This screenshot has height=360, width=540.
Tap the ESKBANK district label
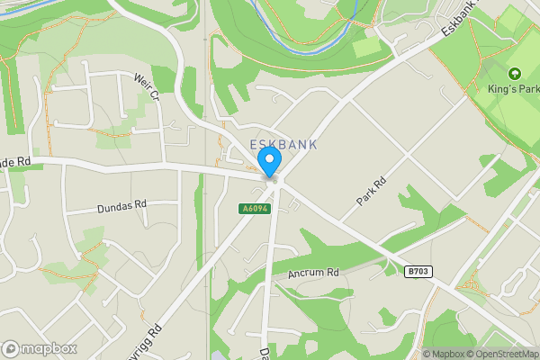click(x=283, y=145)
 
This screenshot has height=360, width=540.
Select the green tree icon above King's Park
click(x=514, y=73)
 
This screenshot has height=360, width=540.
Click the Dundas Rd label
click(x=121, y=207)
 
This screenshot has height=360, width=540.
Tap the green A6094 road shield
click(x=253, y=209)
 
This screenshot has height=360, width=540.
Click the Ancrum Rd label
click(x=313, y=273)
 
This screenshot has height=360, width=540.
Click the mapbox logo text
click(x=48, y=348)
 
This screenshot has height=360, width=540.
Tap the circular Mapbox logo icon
click(x=11, y=348)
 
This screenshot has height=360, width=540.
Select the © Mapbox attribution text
click(x=445, y=354)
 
